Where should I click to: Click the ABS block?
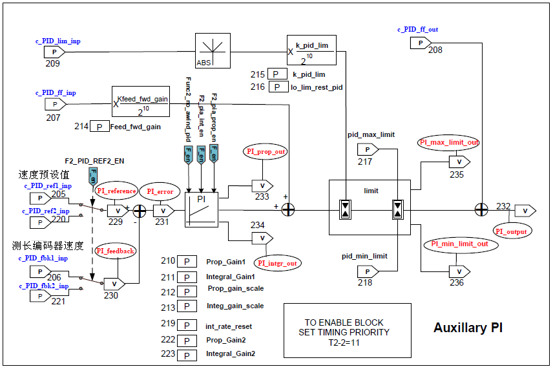[213, 50]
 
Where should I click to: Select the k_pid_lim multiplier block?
[311, 50]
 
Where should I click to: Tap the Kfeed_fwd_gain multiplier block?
[141, 102]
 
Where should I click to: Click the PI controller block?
[202, 209]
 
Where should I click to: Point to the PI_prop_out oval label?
[266, 151]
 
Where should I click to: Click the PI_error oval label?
[160, 191]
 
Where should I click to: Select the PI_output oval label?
[511, 231]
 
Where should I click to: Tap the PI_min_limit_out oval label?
[461, 244]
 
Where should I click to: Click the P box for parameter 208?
[420, 43]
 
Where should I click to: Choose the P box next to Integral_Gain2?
[187, 355]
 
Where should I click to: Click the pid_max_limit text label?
[371, 135]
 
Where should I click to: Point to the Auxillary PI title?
[468, 328]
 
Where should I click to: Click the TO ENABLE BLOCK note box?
[347, 330]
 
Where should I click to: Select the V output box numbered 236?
[458, 270]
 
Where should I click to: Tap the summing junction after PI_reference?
[139, 210]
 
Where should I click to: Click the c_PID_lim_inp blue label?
[58, 41]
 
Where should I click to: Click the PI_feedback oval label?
[116, 251]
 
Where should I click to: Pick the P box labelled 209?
[54, 51]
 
